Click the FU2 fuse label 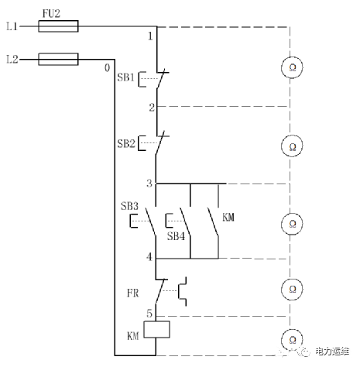tap(51, 13)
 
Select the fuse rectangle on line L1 tap(58, 26)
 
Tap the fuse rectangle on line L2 tap(58, 60)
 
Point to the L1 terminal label tap(12, 26)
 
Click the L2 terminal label tap(12, 60)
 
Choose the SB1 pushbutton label tap(126, 77)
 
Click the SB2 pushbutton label tap(126, 143)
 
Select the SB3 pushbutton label tap(129, 206)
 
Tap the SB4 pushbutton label tap(176, 236)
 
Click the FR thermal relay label tap(133, 293)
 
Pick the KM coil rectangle tap(156, 329)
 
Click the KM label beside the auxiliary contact tap(228, 218)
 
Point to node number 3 tap(149, 183)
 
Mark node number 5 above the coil tap(149, 314)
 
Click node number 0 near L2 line tap(107, 68)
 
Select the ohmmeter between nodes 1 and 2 tap(292, 67)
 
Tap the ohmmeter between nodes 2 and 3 tap(292, 146)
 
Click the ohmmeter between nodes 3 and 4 tap(292, 224)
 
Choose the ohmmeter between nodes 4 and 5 tap(292, 289)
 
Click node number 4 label tap(149, 257)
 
